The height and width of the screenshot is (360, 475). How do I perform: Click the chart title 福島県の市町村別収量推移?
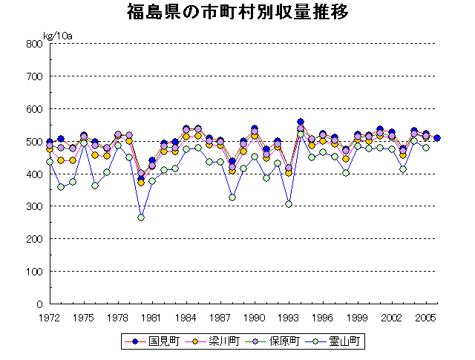pos(237,13)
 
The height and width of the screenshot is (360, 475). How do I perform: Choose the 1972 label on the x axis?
pos(50,317)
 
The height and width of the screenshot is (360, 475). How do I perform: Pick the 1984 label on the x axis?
pos(186,317)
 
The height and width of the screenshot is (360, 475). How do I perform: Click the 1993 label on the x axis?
pos(289,317)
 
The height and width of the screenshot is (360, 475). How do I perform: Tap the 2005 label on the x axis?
pos(425,317)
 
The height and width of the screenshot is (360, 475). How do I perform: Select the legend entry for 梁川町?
pos(212,341)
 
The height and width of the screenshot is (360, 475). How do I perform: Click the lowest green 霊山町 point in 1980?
pos(141,217)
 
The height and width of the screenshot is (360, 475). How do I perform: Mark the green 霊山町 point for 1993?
pos(289,204)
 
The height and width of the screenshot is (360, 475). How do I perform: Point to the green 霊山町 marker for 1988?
pos(232,197)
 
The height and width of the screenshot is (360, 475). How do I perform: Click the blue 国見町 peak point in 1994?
pos(301,122)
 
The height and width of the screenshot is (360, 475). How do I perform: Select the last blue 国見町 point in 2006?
pos(437,138)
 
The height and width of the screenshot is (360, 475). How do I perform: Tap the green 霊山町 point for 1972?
pos(50,161)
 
